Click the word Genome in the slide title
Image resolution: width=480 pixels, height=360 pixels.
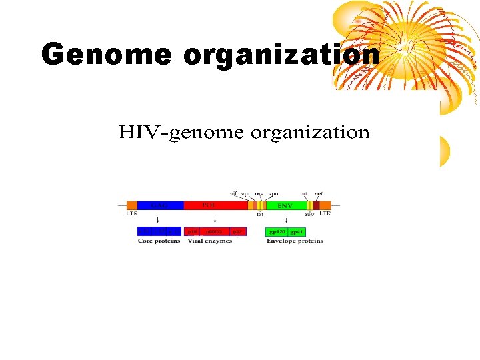click(107, 55)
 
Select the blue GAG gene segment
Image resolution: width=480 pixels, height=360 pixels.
click(161, 205)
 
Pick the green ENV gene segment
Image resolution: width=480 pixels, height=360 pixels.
click(285, 205)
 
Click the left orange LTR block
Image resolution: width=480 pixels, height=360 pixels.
click(132, 205)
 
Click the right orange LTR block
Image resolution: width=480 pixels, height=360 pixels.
click(325, 205)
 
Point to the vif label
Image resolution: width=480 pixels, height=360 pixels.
click(233, 193)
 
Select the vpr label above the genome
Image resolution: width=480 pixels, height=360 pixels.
click(245, 193)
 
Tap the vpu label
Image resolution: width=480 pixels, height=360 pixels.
click(273, 193)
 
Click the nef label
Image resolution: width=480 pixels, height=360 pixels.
click(319, 193)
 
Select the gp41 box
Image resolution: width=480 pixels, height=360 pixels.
click(296, 232)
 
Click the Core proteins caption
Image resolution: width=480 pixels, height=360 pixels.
click(159, 241)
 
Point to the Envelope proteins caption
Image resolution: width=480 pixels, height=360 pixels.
click(295, 241)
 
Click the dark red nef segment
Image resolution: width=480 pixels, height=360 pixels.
click(316, 205)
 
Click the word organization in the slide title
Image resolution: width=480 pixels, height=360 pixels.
click(281, 55)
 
